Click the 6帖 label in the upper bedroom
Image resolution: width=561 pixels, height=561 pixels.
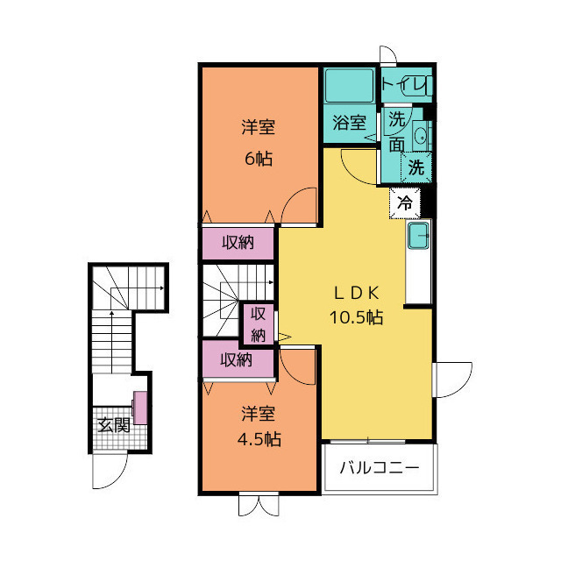coord(258,159)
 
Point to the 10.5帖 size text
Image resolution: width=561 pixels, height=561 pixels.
coord(355,317)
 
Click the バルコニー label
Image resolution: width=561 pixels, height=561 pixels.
coord(380,467)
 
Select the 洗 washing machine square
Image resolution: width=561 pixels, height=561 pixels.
coord(417,167)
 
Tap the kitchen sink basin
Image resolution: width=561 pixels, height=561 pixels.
coord(419,235)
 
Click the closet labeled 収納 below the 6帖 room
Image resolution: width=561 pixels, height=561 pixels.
coord(238,243)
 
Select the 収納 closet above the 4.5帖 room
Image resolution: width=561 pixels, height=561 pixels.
coord(237,359)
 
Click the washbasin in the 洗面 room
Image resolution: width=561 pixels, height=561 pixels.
coord(420,135)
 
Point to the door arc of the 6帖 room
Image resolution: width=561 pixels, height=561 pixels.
coord(300,207)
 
